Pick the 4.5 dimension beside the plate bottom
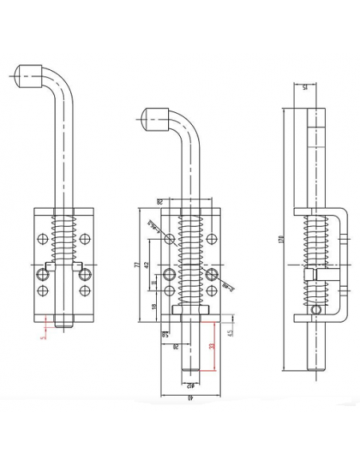tap(229, 334)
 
